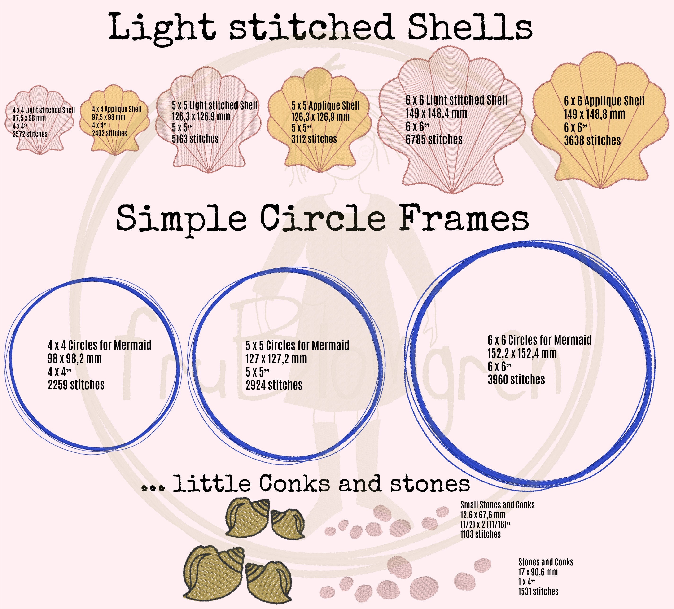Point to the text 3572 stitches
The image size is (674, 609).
pos(30,134)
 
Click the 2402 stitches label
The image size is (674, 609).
pos(110,133)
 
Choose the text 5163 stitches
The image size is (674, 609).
pos(195,139)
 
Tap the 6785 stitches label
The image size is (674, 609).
pos(434,140)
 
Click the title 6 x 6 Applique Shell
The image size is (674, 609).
pos(604,101)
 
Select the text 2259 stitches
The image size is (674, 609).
pos(76,385)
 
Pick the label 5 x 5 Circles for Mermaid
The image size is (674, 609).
pos(298,346)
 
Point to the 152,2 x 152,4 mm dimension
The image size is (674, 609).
pos(522,354)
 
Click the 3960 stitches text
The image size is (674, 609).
pos(516,380)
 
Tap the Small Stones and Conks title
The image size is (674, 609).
pos(498,505)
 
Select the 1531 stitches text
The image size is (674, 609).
pos(538,591)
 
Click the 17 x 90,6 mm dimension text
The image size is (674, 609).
pos(538,572)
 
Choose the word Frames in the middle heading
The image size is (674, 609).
pos(464,218)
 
